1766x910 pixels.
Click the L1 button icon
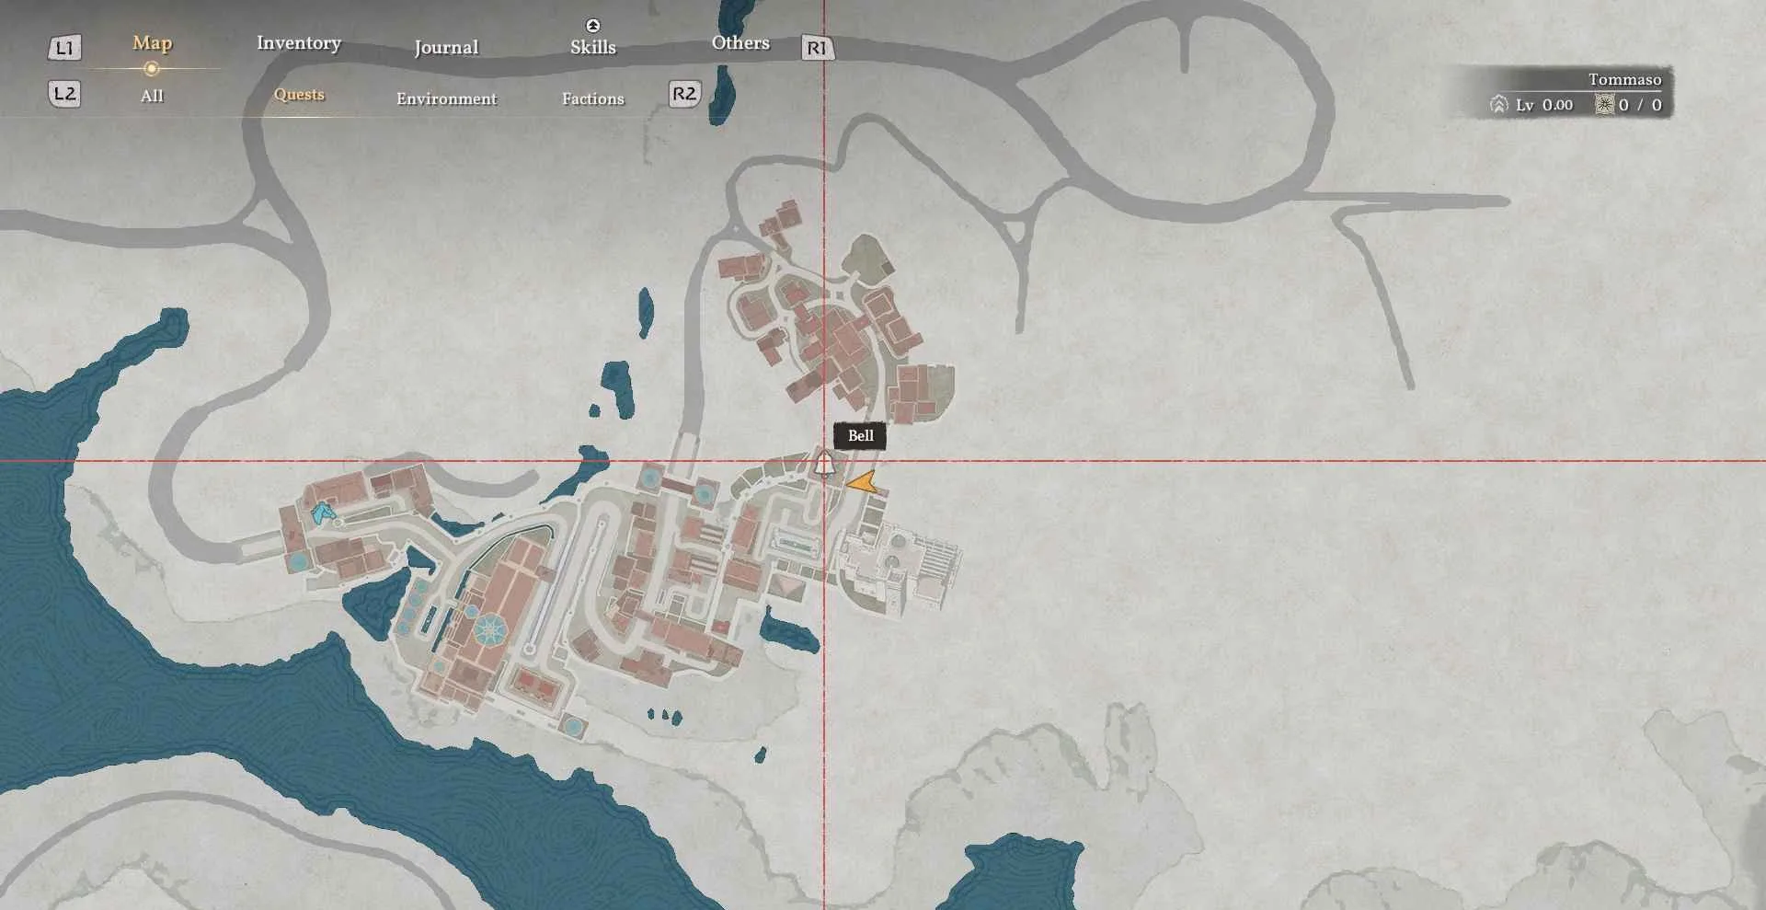point(64,47)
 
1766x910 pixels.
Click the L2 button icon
point(64,93)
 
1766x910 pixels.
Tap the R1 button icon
point(817,48)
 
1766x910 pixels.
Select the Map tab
point(152,43)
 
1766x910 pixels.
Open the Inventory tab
point(299,43)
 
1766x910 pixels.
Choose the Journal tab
point(446,47)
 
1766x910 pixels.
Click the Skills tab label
point(593,47)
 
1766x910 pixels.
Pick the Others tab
point(740,43)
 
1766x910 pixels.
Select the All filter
point(152,96)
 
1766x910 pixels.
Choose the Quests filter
point(299,94)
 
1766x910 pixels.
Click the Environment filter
point(446,98)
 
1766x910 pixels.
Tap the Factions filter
point(593,98)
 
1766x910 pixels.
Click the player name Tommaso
point(1624,79)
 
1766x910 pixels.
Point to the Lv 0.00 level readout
point(1543,105)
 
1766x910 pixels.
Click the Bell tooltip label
point(860,436)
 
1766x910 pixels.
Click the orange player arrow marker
point(863,482)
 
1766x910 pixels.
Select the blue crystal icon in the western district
point(322,513)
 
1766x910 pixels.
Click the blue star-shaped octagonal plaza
point(489,629)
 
